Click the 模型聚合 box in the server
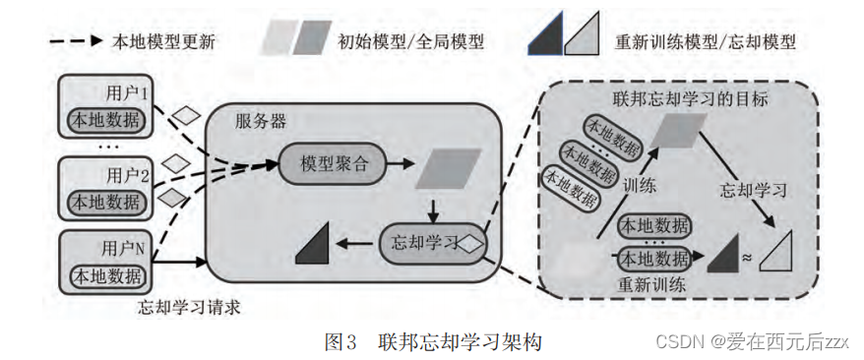[333, 164]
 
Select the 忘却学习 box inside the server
[431, 242]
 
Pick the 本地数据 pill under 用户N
[107, 275]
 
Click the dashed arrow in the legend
[76, 40]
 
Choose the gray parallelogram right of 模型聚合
[448, 168]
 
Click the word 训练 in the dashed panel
[640, 186]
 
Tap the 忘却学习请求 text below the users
[189, 307]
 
